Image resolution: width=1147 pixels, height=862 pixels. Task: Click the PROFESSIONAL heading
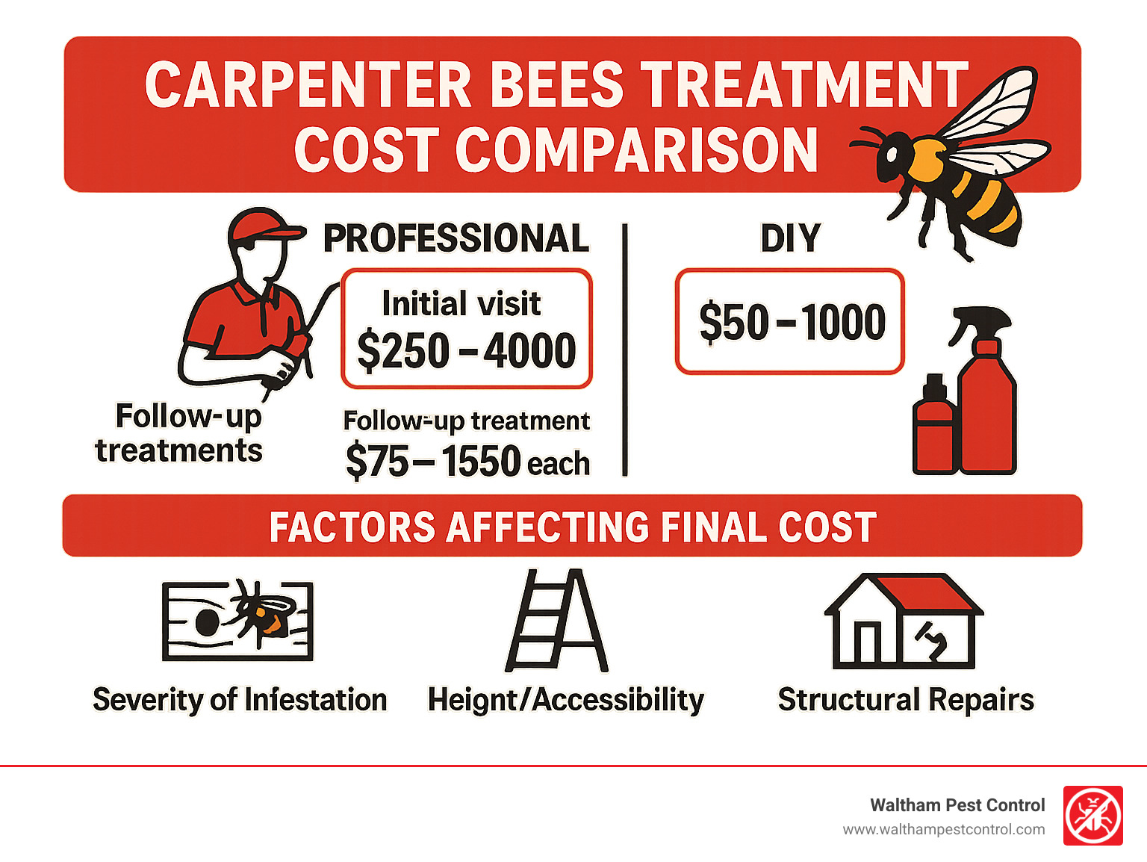[456, 238]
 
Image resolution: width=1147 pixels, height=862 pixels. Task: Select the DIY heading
[790, 238]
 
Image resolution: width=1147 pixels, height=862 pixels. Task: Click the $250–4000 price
[467, 350]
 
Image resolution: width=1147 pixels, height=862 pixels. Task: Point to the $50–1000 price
[792, 322]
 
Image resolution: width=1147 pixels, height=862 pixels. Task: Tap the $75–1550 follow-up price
[433, 461]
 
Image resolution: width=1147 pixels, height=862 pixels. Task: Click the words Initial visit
[461, 303]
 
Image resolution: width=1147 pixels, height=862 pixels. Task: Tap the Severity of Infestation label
[240, 700]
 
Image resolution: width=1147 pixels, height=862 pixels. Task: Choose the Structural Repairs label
[906, 700]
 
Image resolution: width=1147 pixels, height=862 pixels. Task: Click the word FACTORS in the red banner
[351, 527]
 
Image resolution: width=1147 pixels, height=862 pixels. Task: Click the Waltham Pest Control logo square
[1092, 816]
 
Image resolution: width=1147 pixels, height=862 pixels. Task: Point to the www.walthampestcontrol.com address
[943, 829]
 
